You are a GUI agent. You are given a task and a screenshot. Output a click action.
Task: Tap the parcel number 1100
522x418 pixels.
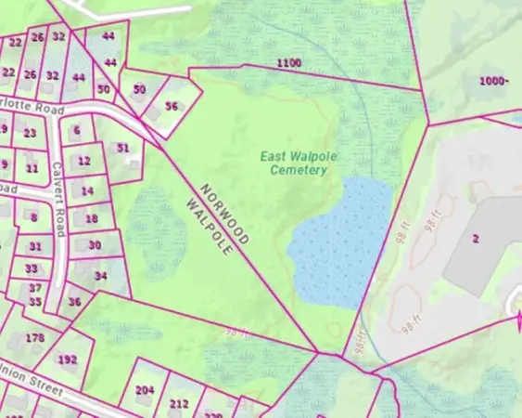pos(288,62)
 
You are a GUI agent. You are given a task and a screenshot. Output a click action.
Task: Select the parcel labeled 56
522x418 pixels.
pos(172,107)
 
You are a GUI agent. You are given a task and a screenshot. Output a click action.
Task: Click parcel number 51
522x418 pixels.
pos(123,148)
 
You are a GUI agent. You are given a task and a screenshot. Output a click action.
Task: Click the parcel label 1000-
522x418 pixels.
pos(493,81)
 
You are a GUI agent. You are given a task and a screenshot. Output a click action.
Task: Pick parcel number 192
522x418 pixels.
pos(67,359)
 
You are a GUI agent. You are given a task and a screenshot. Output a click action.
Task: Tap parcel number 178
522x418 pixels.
pos(35,337)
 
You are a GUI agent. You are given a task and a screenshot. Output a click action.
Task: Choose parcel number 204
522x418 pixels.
pos(144,390)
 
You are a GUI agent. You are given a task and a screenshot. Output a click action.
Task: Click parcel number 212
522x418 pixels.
pos(179,403)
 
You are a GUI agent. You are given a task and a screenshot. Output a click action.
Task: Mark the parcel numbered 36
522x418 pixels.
pos(75,302)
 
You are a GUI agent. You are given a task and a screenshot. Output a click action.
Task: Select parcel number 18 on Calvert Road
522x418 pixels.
pos(91,219)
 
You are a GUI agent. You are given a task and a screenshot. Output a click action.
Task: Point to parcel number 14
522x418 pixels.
pos(87,190)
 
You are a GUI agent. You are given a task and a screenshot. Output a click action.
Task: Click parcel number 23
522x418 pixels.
pos(31,133)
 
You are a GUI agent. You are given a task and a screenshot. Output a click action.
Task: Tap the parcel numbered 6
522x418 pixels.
pos(76,131)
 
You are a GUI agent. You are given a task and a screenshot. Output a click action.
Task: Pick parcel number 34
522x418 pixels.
pos(100,276)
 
